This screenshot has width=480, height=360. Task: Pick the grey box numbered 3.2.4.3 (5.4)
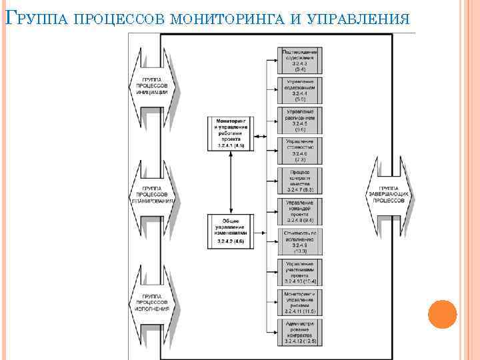point(300,59)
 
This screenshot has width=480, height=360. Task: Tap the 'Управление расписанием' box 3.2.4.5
point(300,120)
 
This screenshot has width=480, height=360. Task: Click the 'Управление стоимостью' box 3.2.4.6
point(300,151)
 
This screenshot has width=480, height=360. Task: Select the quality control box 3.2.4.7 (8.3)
point(300,181)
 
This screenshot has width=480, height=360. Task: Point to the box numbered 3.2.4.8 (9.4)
point(300,211)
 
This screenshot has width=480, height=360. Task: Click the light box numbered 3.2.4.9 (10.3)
point(300,242)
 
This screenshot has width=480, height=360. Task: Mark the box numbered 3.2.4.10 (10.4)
point(300,273)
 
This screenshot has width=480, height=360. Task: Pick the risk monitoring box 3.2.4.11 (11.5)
point(300,303)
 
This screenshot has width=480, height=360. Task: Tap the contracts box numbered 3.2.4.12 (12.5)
point(300,334)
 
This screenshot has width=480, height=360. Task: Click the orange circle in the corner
point(442,314)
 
